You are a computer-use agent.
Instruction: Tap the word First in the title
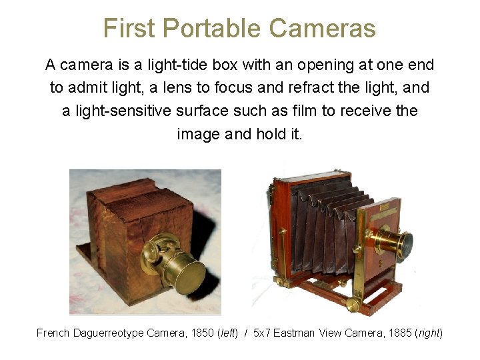pyautogui.click(x=130, y=29)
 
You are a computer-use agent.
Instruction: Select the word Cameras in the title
pyautogui.click(x=323, y=29)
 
